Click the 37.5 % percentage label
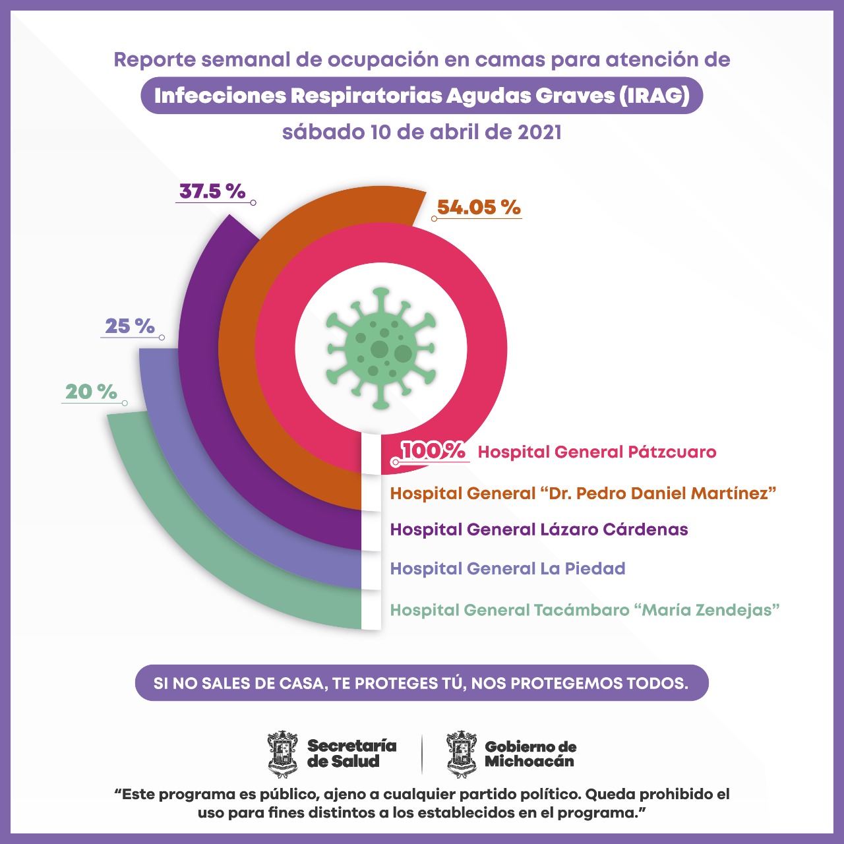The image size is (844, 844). [212, 191]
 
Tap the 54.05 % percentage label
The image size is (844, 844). [479, 207]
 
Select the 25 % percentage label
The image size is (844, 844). [130, 326]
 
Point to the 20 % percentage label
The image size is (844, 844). [91, 392]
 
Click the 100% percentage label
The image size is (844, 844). [433, 450]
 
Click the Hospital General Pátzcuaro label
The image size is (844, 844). [597, 452]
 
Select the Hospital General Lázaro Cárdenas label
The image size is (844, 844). [539, 529]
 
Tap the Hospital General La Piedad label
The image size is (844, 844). [508, 568]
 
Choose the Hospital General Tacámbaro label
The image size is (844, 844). [585, 610]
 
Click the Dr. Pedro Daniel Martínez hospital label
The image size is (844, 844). [583, 493]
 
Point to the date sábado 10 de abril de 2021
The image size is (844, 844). [422, 132]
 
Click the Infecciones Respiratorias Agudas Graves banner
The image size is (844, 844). [422, 96]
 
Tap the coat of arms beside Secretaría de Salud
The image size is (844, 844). [283, 754]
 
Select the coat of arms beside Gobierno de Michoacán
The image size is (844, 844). [462, 754]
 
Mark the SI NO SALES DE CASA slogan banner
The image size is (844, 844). [421, 683]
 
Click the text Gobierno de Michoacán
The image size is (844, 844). [530, 754]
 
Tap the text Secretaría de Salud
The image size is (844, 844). [351, 754]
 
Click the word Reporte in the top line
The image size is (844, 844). [155, 59]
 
